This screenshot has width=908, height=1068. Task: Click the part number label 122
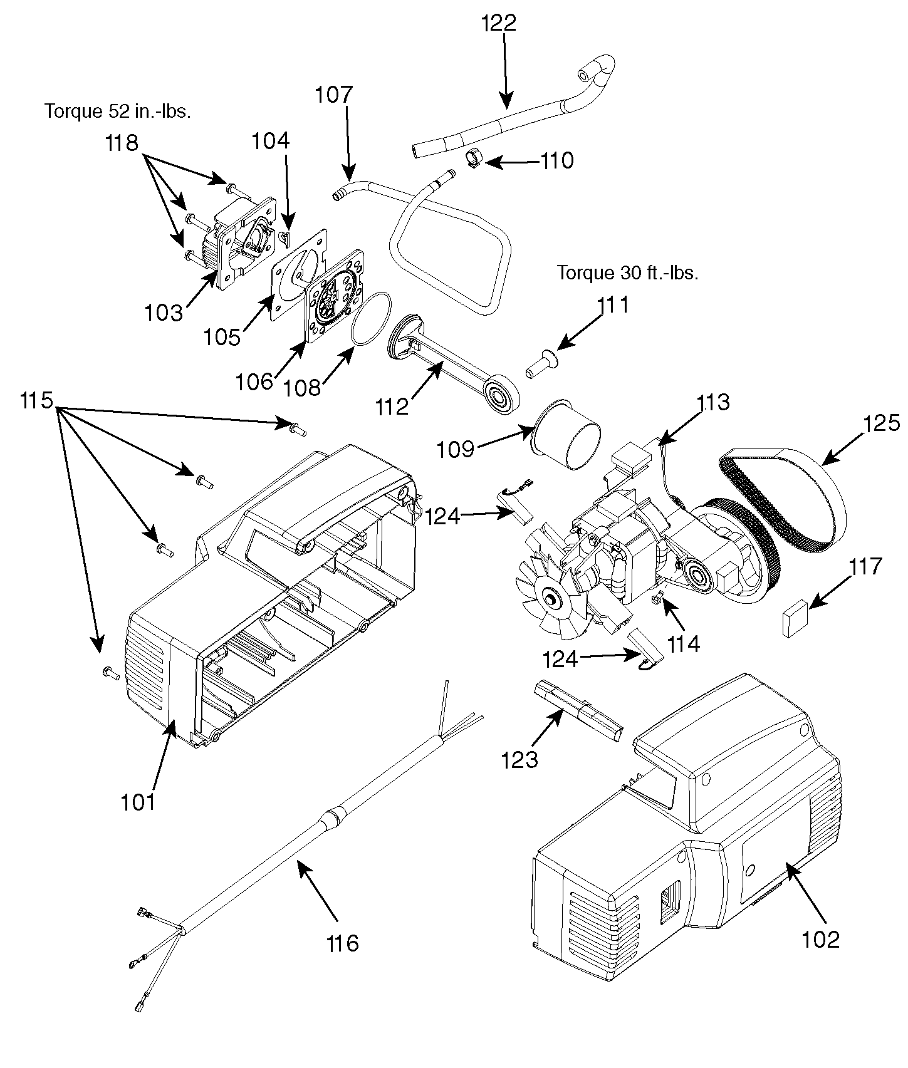click(499, 23)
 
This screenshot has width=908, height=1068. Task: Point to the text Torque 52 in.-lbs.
click(118, 111)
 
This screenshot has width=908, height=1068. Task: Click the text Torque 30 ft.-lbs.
click(627, 273)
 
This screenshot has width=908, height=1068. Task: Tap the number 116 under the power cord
click(342, 943)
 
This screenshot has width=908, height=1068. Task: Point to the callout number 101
click(138, 802)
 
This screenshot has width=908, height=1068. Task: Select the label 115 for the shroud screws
click(36, 400)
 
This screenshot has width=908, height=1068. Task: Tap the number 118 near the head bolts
click(122, 143)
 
